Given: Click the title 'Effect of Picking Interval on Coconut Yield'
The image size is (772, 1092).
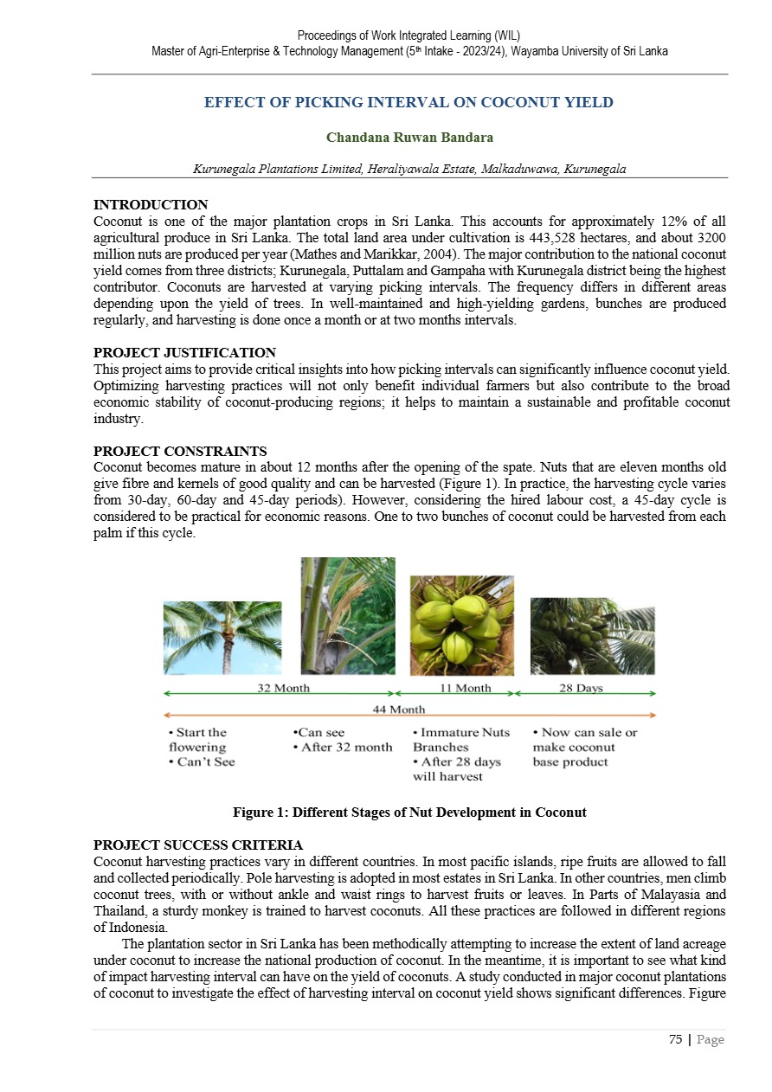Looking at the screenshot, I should point(409,102).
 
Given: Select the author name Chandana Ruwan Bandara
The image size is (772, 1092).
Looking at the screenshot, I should point(409,138).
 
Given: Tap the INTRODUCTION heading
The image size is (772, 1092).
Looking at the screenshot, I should point(151,205).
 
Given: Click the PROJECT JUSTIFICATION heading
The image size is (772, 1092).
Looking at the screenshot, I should point(184,352).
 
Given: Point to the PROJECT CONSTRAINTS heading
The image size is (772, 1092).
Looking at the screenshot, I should point(180,451).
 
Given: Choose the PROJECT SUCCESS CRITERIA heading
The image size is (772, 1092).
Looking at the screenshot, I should point(198,845).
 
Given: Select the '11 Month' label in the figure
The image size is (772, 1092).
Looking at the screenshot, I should point(465,689).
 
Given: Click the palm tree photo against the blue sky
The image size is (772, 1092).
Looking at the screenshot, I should point(222,638).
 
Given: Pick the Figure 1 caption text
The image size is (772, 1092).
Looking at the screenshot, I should point(409,813).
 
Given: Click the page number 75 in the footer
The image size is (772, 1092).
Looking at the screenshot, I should point(675,1039).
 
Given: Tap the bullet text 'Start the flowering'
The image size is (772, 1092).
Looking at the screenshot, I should point(198,740).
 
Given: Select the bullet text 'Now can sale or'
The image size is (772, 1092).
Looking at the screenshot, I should point(585,733).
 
